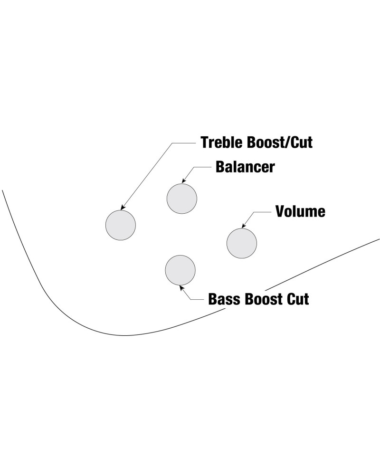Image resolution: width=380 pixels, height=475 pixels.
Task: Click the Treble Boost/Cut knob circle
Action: pos(120,224)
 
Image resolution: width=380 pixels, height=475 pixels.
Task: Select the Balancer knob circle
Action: pos(182,198)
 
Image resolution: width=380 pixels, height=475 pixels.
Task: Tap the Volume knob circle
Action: pos(242,243)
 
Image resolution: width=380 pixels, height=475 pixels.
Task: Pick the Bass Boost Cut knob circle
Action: pos(180,269)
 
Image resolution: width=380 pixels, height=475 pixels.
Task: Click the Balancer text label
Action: pos(245,167)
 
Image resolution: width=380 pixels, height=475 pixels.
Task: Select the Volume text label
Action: pos(301,211)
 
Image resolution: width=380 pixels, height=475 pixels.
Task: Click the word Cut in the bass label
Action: pos(297,299)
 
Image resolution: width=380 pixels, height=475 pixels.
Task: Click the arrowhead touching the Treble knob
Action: pos(123,208)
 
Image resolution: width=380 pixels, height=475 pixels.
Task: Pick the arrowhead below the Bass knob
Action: pos(180,286)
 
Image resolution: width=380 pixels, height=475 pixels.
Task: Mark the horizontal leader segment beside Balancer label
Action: pos(202,167)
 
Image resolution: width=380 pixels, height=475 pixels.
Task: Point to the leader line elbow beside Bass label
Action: pos(191,299)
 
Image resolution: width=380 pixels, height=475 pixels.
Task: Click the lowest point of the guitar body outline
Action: pos(126,335)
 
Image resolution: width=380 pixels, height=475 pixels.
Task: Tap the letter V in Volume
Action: pos(281,211)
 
